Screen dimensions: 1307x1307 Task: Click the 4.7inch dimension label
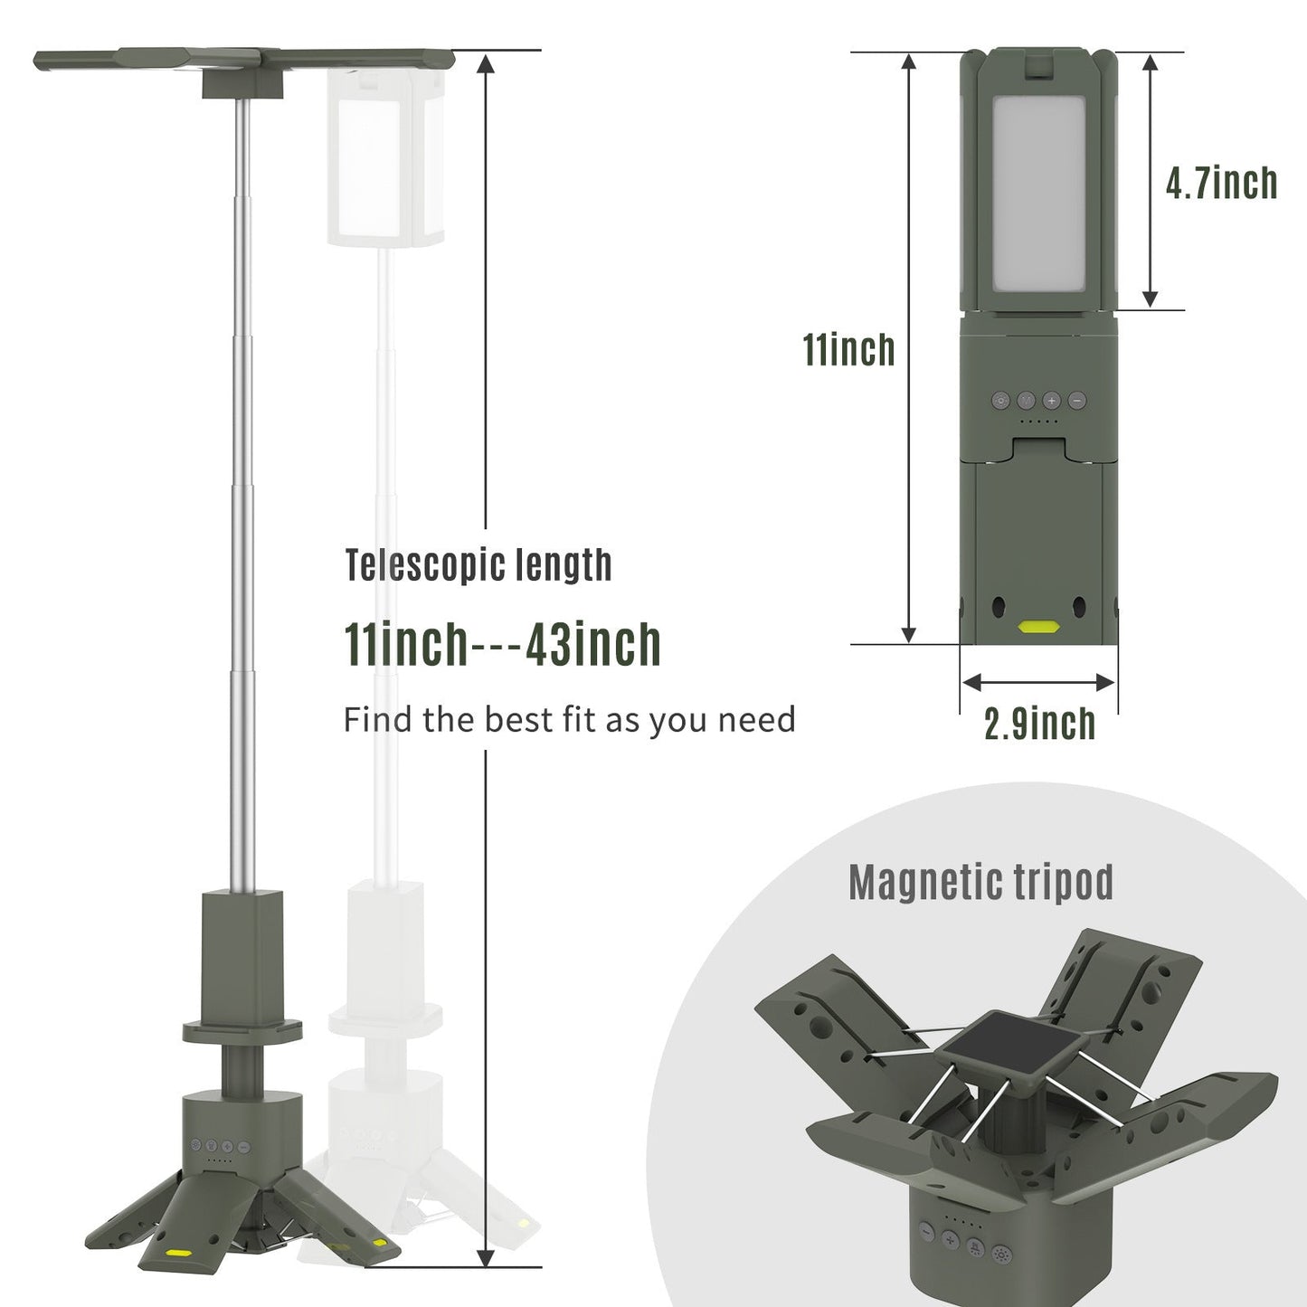(x=1221, y=183)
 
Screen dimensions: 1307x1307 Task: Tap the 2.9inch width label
(x=1039, y=724)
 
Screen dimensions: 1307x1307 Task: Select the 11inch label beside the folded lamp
(x=848, y=350)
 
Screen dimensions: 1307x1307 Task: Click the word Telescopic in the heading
(x=424, y=566)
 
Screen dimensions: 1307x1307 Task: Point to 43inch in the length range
(x=592, y=645)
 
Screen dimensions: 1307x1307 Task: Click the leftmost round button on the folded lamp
(x=1000, y=401)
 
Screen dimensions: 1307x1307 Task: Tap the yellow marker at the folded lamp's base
(x=1038, y=626)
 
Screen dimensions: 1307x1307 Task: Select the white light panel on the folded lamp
(x=1038, y=194)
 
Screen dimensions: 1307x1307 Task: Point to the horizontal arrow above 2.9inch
(x=1038, y=682)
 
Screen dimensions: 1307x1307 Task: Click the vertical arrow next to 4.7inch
(x=1151, y=181)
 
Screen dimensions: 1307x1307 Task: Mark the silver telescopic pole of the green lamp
(x=243, y=497)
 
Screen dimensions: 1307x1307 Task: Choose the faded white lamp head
(x=384, y=163)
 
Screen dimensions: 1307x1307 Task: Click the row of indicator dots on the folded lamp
(x=1038, y=421)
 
